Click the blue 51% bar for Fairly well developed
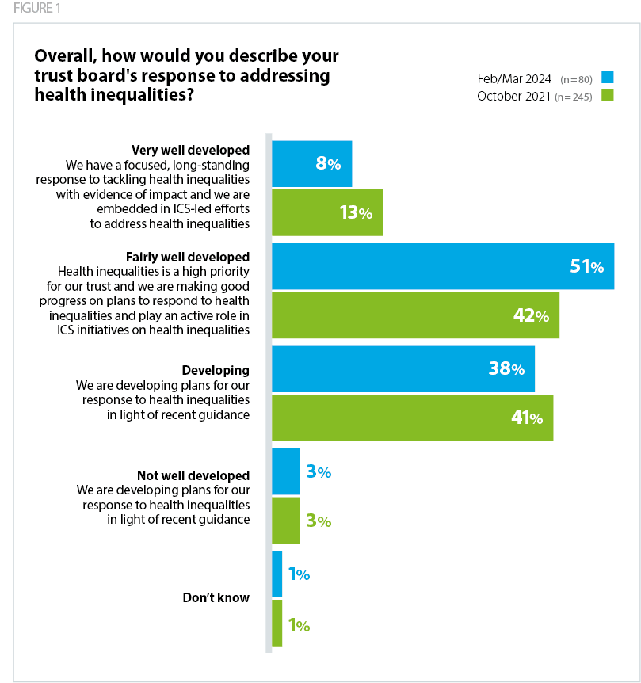click(442, 266)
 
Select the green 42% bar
click(415, 315)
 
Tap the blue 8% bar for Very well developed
click(311, 164)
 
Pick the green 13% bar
click(326, 212)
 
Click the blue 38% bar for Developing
click(403, 368)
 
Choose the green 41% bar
click(412, 418)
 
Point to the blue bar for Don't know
click(277, 574)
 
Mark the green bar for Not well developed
click(285, 521)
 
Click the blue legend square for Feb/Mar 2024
click(608, 78)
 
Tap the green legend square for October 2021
click(608, 96)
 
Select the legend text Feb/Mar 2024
click(514, 78)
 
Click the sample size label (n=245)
click(574, 97)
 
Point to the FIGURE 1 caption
click(36, 9)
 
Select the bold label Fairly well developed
click(188, 257)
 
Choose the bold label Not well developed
click(193, 475)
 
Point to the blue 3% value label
click(318, 472)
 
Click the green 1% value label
click(298, 625)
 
